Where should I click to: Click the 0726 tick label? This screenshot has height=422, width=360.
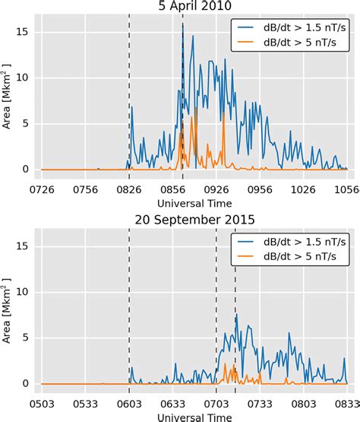coord(42,188)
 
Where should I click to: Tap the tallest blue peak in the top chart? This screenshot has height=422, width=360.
coord(183,25)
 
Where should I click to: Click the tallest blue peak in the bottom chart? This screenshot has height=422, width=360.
coord(237,314)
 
